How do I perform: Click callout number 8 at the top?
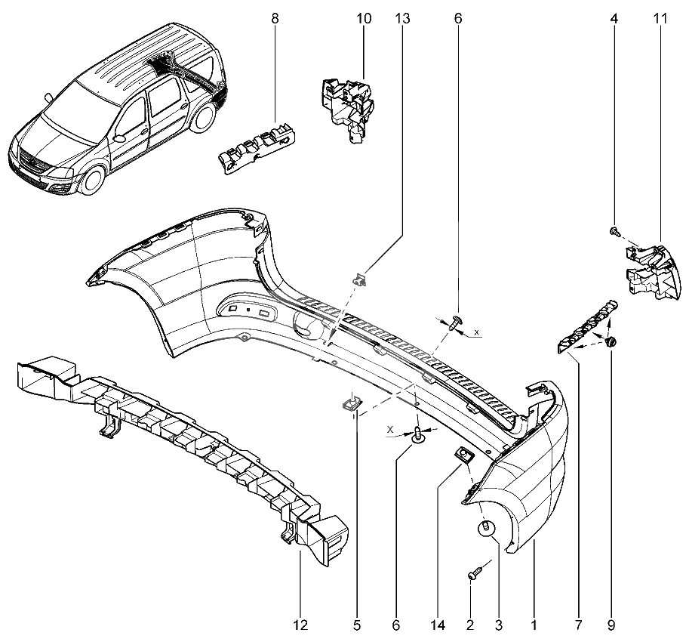coord(275,18)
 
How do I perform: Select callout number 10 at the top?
coord(364,18)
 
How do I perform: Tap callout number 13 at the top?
coord(402,18)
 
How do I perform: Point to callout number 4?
coord(614,18)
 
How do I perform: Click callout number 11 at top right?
coord(660,18)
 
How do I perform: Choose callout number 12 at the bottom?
coord(300,625)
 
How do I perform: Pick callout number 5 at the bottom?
coord(357,625)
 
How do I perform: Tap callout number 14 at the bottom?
coord(438,625)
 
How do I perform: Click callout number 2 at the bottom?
coord(470,625)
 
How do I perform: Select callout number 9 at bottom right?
coord(611,625)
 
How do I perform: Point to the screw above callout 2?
coord(475,573)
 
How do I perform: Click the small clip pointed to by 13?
coord(360,279)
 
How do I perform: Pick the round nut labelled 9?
coord(611,341)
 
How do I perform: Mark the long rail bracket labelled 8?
coord(257,149)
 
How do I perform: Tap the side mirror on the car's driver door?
coord(118,138)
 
